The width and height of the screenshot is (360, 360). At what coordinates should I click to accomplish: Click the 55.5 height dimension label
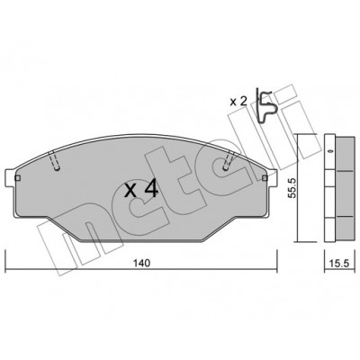point(292,187)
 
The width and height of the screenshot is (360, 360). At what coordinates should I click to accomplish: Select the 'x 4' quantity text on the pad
point(141,190)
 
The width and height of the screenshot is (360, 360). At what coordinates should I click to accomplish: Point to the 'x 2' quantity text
point(238,102)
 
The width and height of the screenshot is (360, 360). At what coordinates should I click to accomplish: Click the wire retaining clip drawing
point(265,105)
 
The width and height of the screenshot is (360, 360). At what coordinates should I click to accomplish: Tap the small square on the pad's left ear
point(17,178)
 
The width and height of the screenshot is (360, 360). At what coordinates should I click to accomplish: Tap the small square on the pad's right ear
point(265,178)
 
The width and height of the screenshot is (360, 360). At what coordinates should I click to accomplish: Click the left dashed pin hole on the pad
point(55,160)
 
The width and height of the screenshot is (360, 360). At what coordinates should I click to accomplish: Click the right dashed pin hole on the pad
point(229,160)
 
